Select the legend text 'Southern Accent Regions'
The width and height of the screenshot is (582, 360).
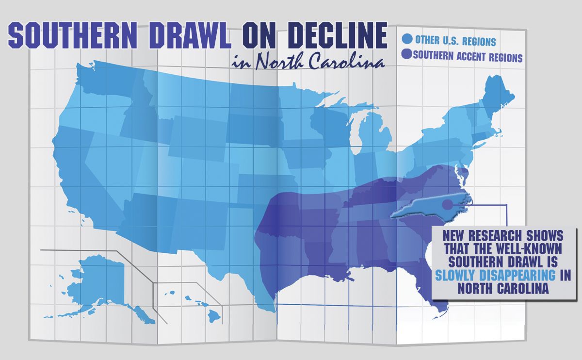[468, 57]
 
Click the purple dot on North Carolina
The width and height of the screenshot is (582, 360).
[447, 205]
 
